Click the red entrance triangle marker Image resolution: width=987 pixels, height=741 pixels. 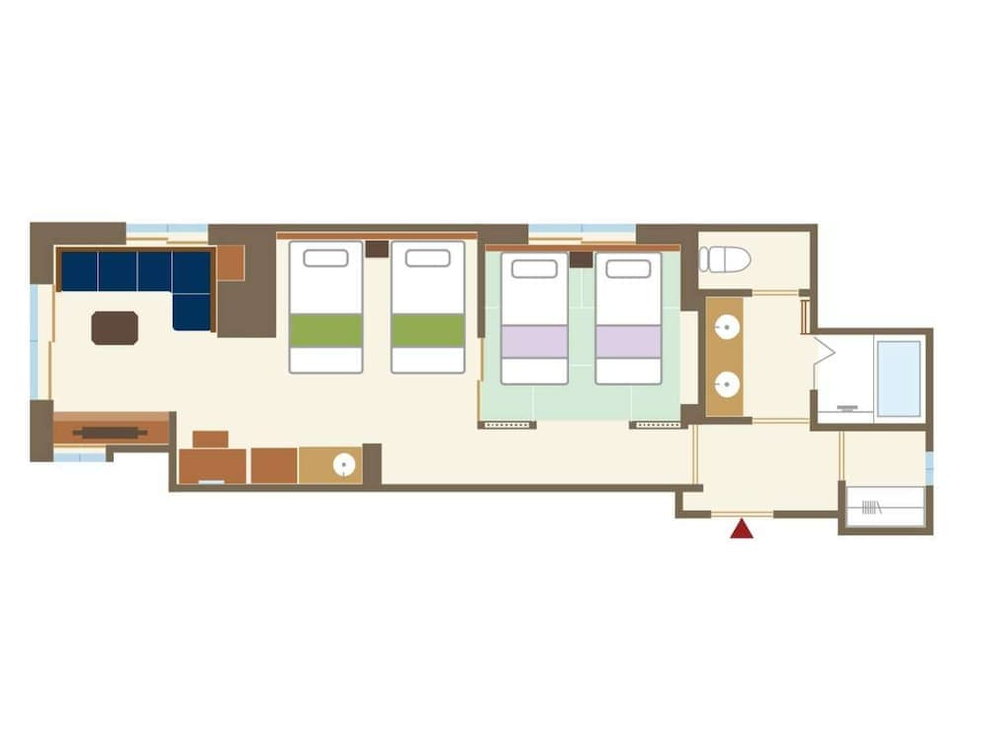tap(741, 530)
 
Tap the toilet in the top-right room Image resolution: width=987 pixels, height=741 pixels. tap(725, 259)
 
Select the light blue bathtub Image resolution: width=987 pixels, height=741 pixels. tap(898, 380)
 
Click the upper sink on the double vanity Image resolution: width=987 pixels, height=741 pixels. tap(725, 327)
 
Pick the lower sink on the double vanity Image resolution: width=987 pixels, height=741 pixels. tap(725, 384)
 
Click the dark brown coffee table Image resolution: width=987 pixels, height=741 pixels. tap(114, 328)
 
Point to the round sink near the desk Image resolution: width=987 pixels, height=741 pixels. tap(343, 465)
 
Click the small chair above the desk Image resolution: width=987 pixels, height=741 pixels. tap(210, 439)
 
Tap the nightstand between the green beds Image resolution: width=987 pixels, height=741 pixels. tap(377, 248)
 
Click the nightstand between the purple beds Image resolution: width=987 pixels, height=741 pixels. tap(581, 259)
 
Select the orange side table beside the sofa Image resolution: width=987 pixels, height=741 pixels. tap(230, 262)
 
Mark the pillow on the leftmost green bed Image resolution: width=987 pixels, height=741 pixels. tap(326, 259)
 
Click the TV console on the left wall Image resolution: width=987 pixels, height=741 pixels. tap(111, 431)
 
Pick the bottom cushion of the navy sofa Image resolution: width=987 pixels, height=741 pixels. tap(191, 312)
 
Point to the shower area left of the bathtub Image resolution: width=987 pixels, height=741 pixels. tap(844, 380)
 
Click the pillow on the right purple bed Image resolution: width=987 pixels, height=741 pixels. tap(629, 269)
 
